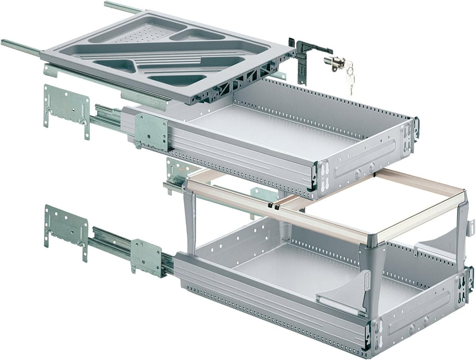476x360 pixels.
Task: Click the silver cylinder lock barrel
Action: coord(334,62)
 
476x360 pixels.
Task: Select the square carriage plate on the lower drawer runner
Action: coord(147,258)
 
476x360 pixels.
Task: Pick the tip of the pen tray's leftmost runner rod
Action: coord(4,42)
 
